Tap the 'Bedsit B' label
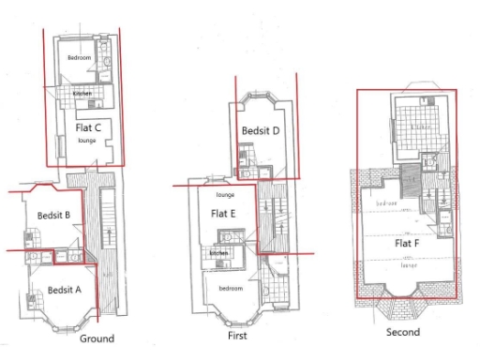coord(54,216)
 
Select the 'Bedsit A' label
coord(64,290)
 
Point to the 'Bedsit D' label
coord(261,131)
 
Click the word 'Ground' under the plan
coord(97,338)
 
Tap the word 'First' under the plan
coord(238,336)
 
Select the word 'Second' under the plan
coord(402,332)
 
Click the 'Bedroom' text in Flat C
coord(79,58)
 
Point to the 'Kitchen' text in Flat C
coord(82,94)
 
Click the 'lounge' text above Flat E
coord(225,195)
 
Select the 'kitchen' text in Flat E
coord(218,253)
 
